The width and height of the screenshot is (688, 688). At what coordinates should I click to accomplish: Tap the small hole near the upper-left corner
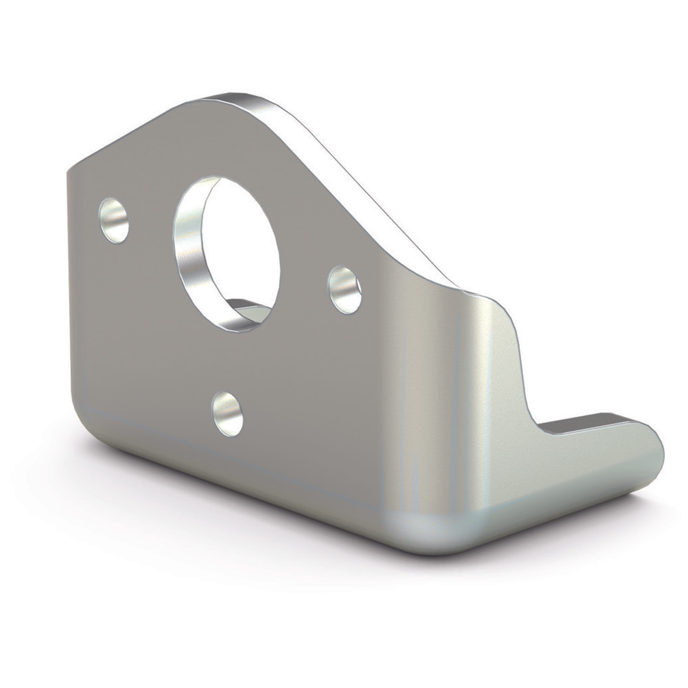pos(114,221)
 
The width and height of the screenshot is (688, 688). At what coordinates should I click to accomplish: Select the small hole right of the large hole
pos(344,290)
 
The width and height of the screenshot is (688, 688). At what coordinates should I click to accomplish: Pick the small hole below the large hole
pos(227,413)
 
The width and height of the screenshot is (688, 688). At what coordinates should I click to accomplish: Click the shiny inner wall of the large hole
pos(188,257)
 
